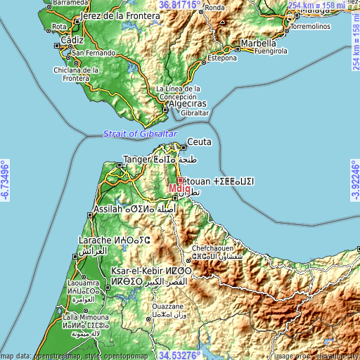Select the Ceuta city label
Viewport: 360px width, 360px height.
(199, 141)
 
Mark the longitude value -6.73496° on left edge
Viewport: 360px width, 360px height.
(6, 180)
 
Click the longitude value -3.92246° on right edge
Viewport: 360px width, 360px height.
(354, 180)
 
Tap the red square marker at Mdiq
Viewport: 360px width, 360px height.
(180, 180)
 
